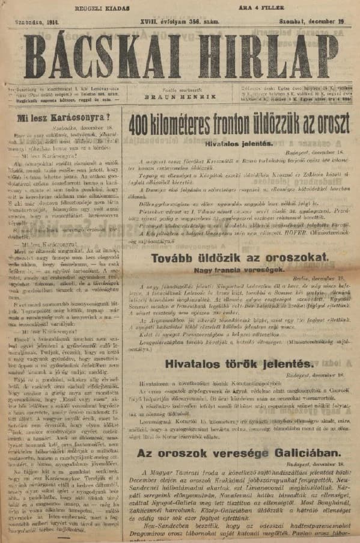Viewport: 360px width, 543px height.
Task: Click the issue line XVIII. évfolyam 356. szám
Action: [180, 22]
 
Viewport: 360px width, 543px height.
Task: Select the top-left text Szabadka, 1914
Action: [28, 22]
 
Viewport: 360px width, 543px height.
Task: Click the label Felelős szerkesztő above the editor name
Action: [180, 88]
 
